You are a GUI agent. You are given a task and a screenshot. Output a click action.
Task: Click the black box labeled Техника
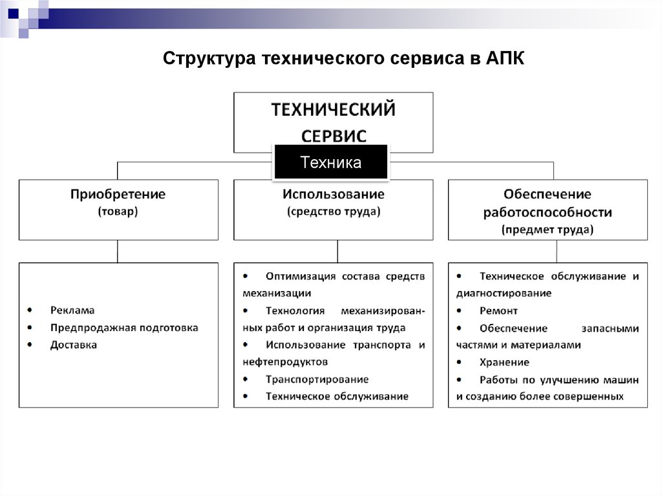(x=330, y=162)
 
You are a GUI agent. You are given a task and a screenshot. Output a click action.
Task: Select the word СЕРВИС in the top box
(x=334, y=136)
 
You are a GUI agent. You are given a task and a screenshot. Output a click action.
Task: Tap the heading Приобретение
(x=118, y=194)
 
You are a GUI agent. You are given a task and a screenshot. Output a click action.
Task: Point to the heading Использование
(x=333, y=194)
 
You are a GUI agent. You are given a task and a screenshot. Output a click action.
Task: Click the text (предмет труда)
(x=548, y=229)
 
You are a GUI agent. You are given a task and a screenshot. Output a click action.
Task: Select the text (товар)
(x=118, y=211)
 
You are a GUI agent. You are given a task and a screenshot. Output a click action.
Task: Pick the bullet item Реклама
(x=72, y=310)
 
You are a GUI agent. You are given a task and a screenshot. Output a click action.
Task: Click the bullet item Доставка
(x=74, y=345)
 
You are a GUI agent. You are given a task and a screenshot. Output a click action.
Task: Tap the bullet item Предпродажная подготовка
(x=124, y=328)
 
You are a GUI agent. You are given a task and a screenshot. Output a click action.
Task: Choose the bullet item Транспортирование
(x=317, y=380)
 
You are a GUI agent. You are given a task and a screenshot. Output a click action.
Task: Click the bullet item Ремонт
(x=498, y=311)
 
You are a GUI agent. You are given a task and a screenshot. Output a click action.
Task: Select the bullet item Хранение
(x=504, y=362)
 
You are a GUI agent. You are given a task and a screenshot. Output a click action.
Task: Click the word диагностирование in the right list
(x=504, y=294)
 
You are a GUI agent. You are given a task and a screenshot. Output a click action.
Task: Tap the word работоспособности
(x=548, y=212)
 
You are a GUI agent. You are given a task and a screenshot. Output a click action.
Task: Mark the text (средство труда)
(x=333, y=211)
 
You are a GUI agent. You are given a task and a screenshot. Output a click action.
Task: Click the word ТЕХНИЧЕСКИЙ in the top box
(x=333, y=109)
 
